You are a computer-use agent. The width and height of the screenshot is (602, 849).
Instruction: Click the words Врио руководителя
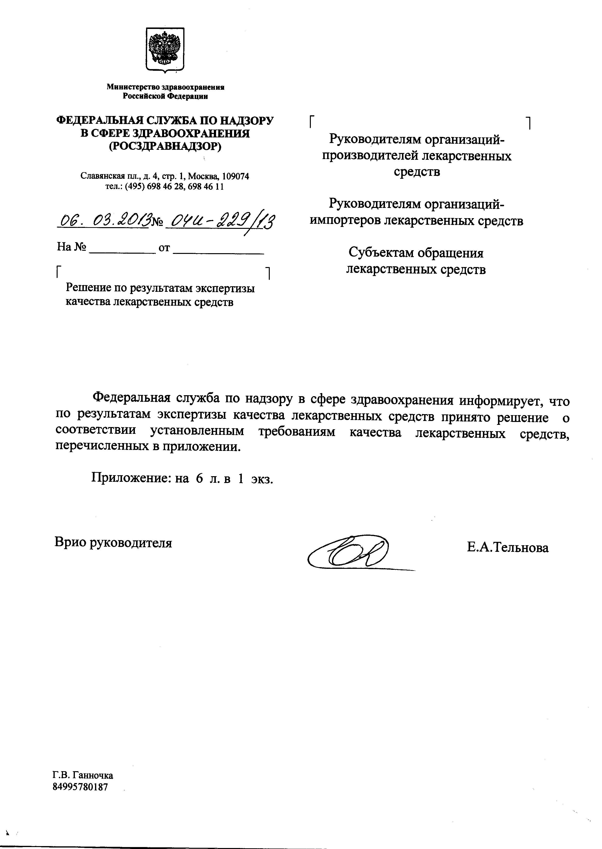point(113,543)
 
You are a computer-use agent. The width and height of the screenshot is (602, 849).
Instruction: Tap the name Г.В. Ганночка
point(83,775)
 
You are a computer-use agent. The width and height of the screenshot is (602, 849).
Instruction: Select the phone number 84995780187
point(80,787)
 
